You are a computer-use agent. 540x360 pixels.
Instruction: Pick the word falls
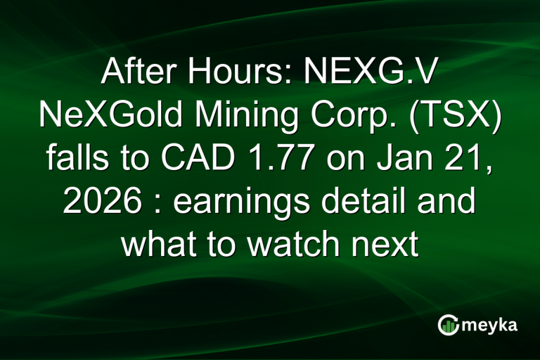click(77, 157)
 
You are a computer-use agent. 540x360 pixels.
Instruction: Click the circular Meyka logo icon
click(449, 324)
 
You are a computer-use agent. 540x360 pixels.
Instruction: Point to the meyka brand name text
click(491, 325)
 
